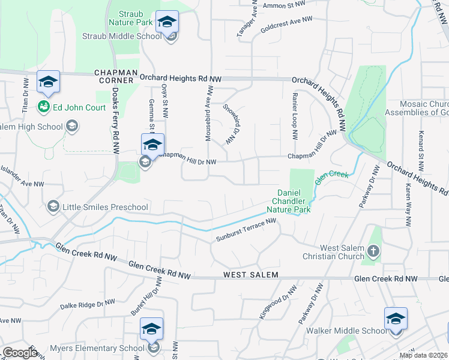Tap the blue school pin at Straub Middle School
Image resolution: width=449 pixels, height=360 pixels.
pos(167,23)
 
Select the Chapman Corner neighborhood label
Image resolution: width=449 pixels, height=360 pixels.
pos(113,76)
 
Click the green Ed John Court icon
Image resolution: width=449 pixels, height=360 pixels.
pos(43,107)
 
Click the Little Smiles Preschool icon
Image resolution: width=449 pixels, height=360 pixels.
pos(53,207)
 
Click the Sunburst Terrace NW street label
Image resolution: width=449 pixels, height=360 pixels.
pos(246,230)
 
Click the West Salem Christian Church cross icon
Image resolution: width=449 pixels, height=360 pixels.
pos(373,250)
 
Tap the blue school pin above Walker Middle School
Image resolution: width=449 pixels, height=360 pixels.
pos(396,318)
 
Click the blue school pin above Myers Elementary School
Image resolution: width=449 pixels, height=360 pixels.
pos(152,328)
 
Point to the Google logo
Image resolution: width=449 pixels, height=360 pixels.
pos(19,353)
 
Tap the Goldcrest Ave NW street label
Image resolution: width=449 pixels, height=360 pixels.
pos(286,25)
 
